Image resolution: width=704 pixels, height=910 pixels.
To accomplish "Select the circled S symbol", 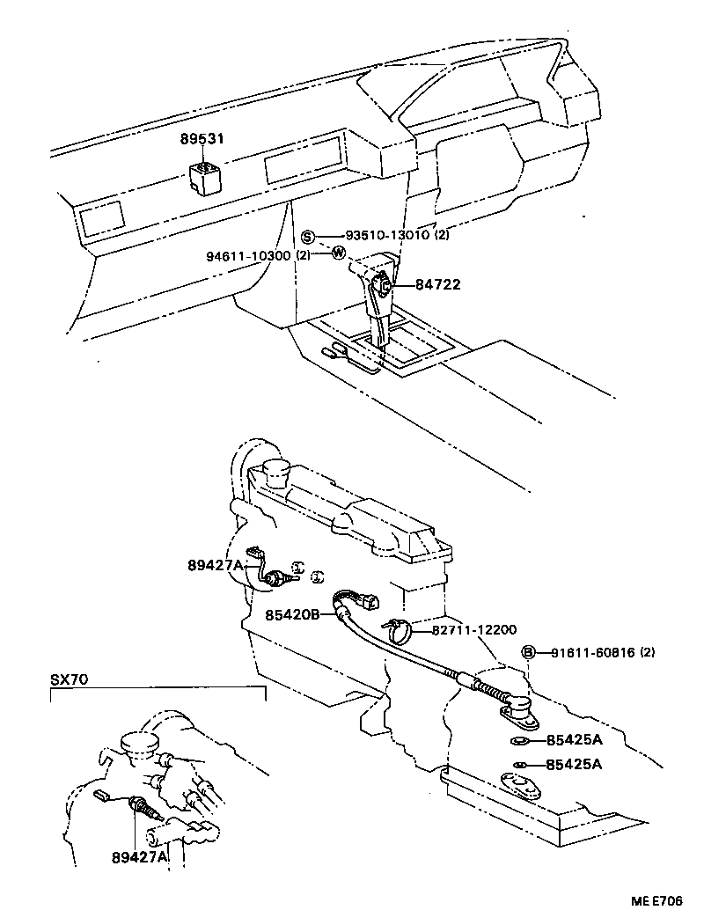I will point(308,236).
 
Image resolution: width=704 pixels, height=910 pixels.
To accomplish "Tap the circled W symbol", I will point(338,253).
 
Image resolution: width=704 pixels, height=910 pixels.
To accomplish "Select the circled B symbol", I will point(529,652).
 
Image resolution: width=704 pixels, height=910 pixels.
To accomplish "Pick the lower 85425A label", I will point(574,765).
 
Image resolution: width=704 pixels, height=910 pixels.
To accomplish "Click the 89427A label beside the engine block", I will point(214,565).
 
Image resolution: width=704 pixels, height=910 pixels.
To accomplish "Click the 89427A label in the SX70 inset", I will point(139,855).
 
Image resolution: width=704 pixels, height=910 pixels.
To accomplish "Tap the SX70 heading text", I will point(70,680).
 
